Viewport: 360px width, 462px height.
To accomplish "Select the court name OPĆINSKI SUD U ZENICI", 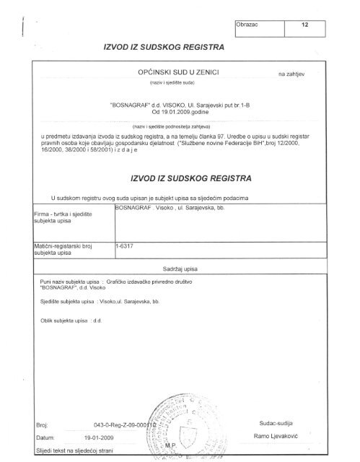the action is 177,74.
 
